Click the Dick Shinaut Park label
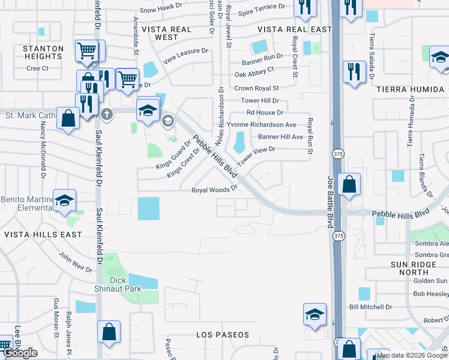[125, 284]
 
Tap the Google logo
[20, 353]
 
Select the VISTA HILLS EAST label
[43, 235]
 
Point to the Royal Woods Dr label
[214, 190]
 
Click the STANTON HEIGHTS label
[43, 52]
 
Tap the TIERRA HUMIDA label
[411, 89]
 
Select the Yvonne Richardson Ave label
[271, 125]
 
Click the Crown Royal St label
[261, 88]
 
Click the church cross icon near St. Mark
[107, 113]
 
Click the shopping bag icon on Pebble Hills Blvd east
[349, 184]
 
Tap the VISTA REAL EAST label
[295, 29]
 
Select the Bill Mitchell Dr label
[370, 307]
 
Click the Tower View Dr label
[256, 156]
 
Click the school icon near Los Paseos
[315, 314]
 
